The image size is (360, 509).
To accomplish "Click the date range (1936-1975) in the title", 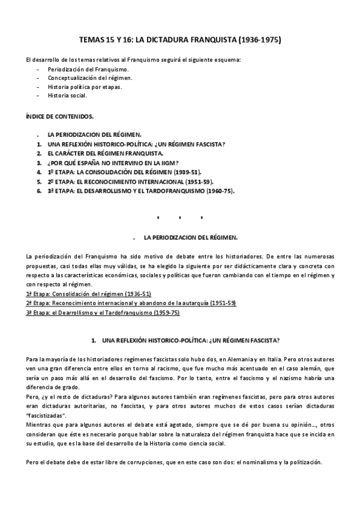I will coord(259,40).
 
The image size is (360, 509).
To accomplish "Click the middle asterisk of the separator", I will coord(179,217).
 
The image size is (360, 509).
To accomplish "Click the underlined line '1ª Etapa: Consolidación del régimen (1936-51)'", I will coord(89,294).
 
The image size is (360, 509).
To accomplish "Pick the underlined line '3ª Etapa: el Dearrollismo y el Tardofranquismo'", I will coord(103,313).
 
